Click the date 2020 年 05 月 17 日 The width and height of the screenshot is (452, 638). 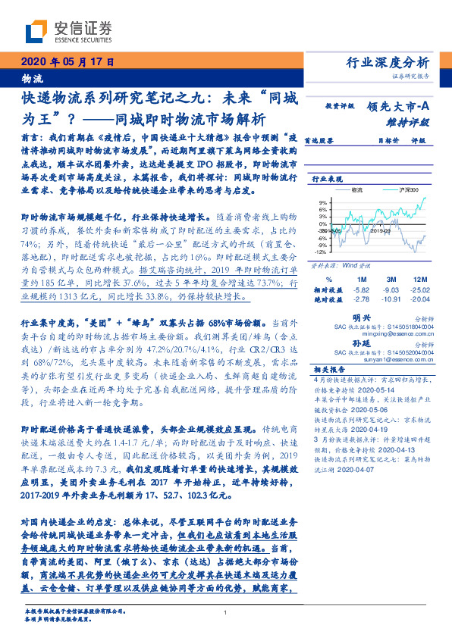coord(64,62)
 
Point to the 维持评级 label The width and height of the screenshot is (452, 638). coord(413,121)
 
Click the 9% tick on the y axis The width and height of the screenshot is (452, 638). coord(323,203)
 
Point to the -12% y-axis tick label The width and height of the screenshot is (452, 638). coord(322,252)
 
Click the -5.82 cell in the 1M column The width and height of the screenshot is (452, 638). coord(361,289)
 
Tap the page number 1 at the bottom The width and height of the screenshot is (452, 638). coord(226,613)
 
